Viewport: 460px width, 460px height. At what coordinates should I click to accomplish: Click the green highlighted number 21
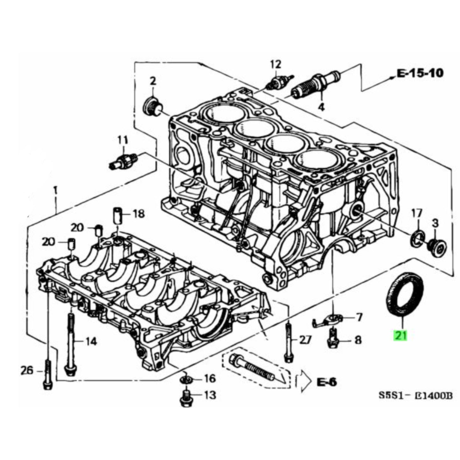(x=400, y=335)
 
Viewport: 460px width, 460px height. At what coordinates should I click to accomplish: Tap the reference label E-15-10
(x=420, y=73)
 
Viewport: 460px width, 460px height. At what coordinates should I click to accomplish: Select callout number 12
(x=276, y=64)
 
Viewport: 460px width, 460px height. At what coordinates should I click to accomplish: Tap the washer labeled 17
(x=417, y=237)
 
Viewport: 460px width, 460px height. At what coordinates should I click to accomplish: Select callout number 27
(x=305, y=340)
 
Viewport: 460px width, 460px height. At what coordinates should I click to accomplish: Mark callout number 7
(x=358, y=317)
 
